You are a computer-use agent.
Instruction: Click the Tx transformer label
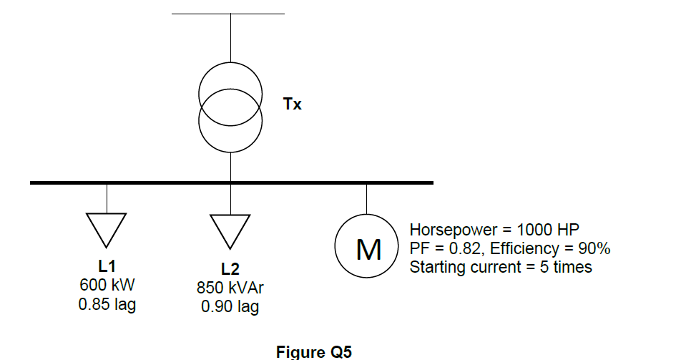pyautogui.click(x=293, y=104)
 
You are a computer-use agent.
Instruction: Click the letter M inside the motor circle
pyautogui.click(x=368, y=248)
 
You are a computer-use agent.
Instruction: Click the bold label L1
pyautogui.click(x=107, y=267)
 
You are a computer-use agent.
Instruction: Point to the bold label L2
pyautogui.click(x=230, y=270)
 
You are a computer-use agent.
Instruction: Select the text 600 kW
pyautogui.click(x=107, y=286)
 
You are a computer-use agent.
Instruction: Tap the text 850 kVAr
pyautogui.click(x=230, y=289)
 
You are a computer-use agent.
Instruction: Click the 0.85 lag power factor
pyautogui.click(x=107, y=304)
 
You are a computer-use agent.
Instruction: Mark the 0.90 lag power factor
pyautogui.click(x=230, y=308)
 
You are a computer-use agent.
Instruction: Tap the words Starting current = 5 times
pyautogui.click(x=501, y=267)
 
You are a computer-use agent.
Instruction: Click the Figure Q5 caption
pyautogui.click(x=314, y=351)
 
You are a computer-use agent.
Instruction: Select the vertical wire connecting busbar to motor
pyautogui.click(x=367, y=198)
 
